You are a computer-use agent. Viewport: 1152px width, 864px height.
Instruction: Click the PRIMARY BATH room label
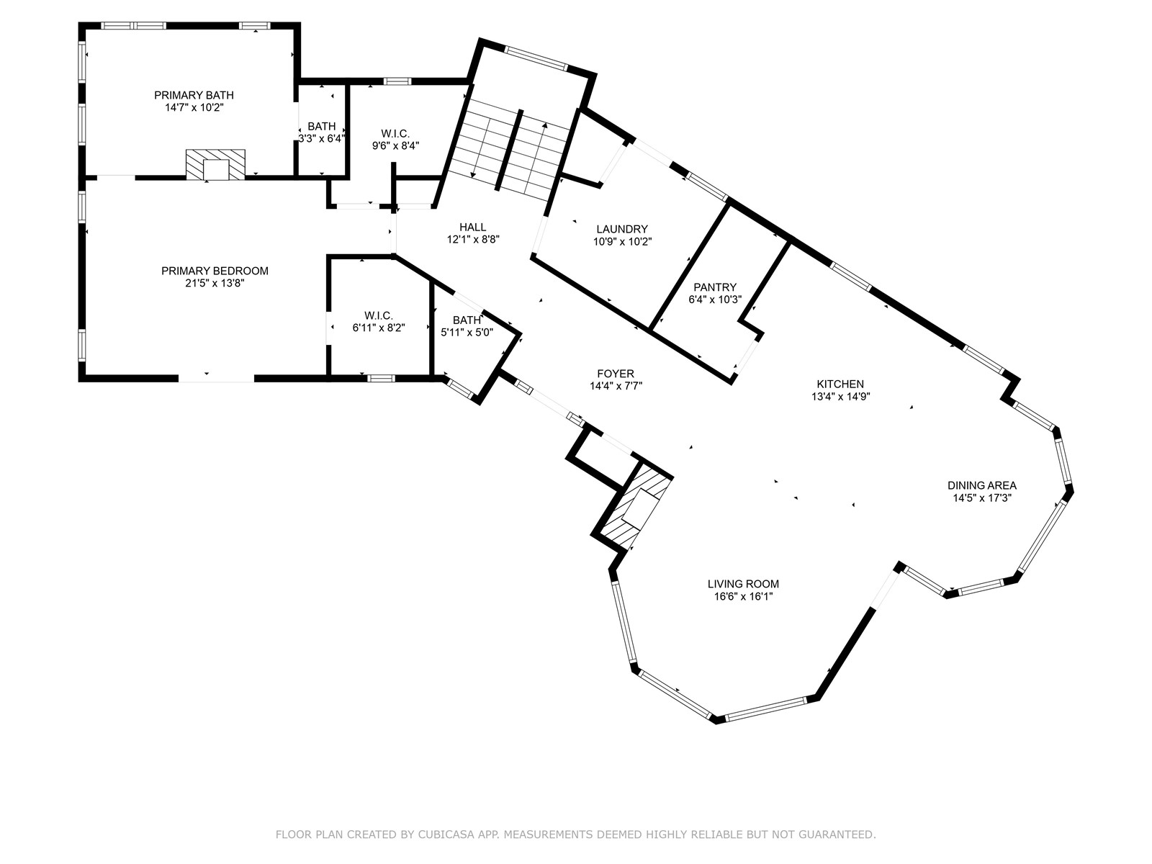[x=194, y=95]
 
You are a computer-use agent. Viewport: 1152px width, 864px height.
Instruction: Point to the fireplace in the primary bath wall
[x=215, y=165]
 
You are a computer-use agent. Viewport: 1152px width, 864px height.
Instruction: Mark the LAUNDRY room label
[x=622, y=229]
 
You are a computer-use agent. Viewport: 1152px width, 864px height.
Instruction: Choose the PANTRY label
[x=715, y=287]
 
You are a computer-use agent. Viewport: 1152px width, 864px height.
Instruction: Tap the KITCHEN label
[x=840, y=384]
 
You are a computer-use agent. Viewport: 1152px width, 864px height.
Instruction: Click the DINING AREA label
[x=982, y=485]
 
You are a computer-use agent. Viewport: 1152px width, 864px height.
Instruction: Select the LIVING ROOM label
[x=743, y=584]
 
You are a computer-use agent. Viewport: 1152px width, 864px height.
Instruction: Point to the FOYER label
[x=616, y=373]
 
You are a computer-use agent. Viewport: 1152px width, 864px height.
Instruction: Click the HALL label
[x=473, y=227]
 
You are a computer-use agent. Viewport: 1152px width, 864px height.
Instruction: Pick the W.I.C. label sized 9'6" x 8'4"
[x=395, y=133]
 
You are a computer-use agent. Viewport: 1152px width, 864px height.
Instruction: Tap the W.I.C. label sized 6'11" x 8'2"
[x=379, y=315]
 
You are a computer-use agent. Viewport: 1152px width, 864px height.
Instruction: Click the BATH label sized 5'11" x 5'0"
[x=467, y=320]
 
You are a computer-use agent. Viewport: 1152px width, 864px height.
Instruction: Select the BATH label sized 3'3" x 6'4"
[x=322, y=126]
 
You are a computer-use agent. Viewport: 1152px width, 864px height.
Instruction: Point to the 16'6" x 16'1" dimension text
[x=743, y=597]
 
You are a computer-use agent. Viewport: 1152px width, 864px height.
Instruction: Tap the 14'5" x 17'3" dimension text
[x=982, y=498]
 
